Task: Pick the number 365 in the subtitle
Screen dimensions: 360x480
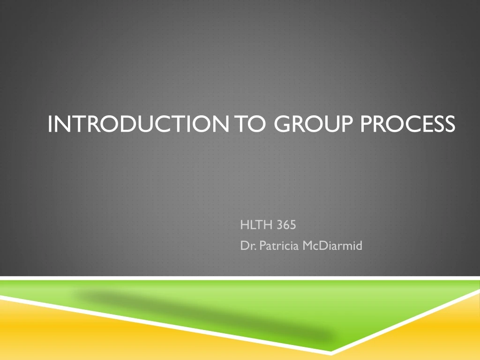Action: pos(286,225)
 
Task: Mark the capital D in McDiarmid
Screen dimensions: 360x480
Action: pos(321,246)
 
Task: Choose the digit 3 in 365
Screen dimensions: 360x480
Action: pos(279,225)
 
